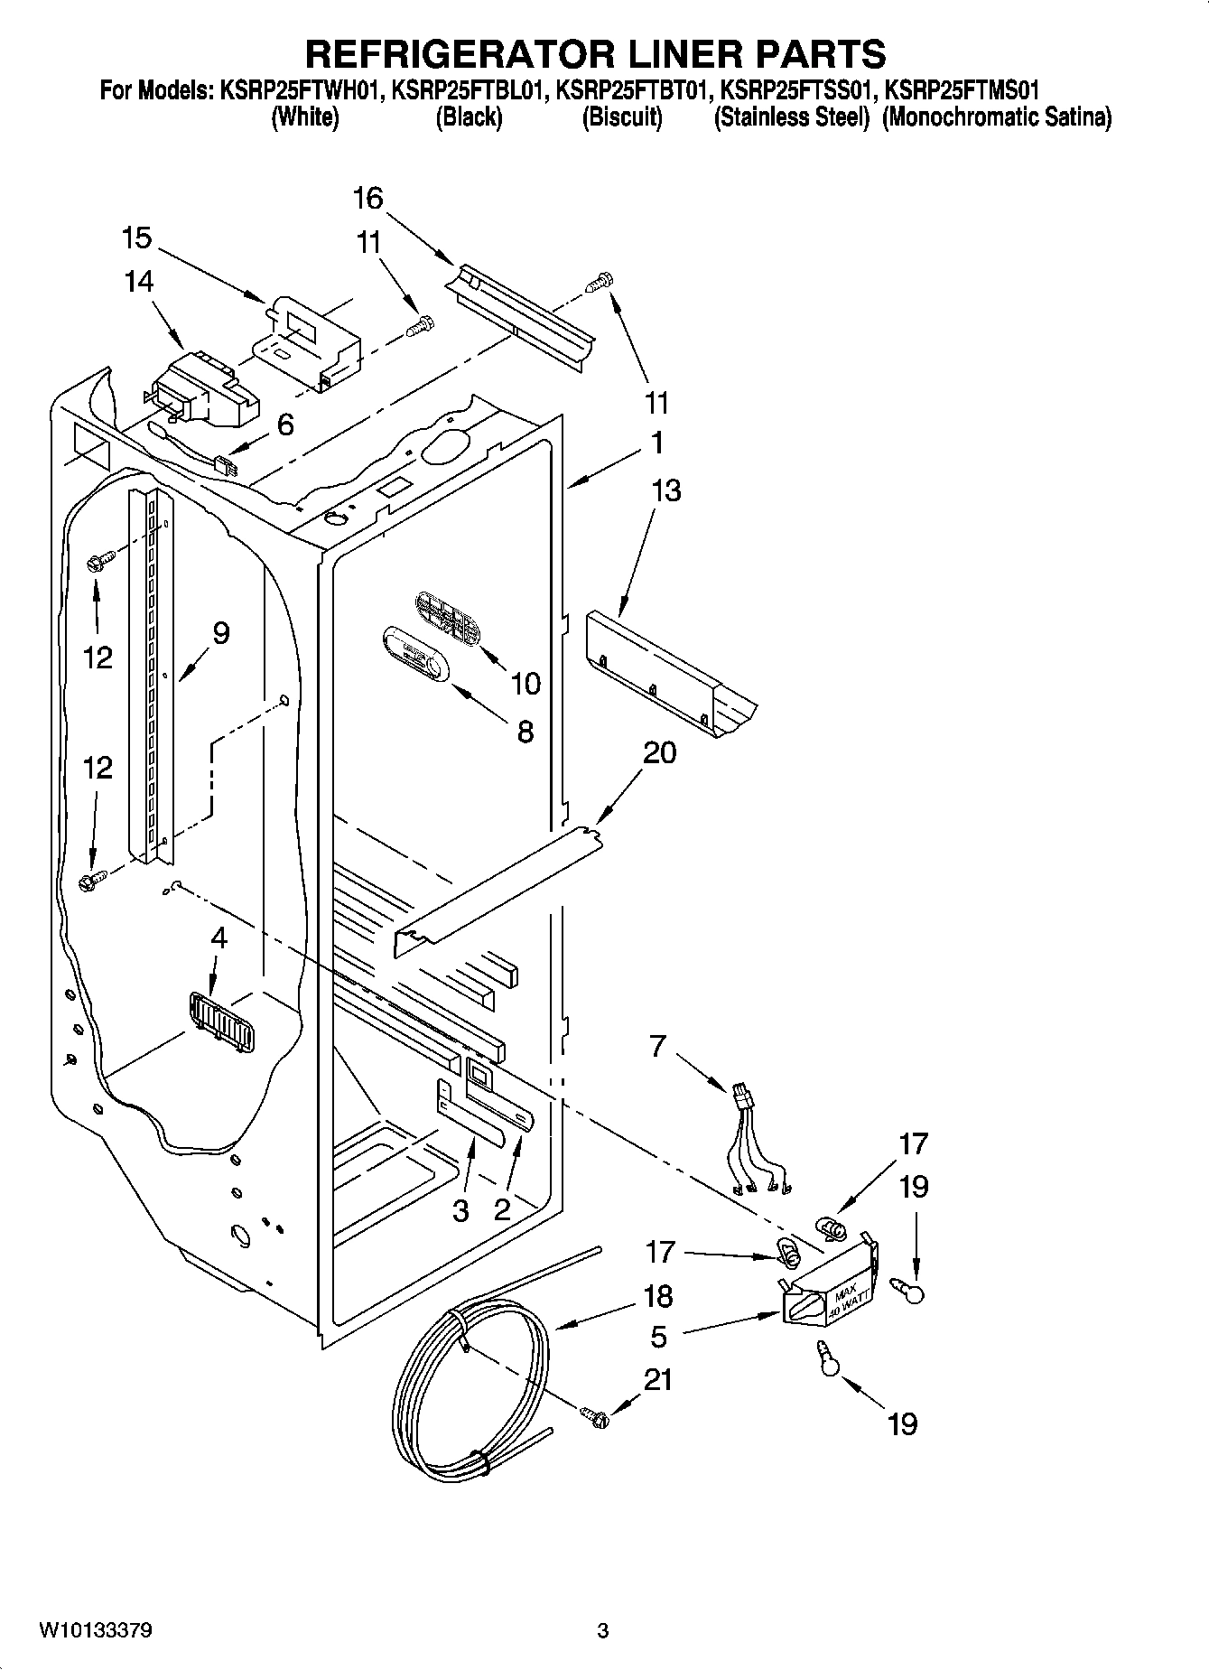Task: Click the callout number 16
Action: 368,198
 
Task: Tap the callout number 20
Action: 659,751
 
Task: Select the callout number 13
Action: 665,490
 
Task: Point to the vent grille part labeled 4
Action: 220,1022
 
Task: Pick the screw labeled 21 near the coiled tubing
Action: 594,1419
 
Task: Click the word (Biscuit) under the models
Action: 622,118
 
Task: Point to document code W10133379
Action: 95,1630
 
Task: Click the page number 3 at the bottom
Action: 603,1630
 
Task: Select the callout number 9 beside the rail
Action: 221,633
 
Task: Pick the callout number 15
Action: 136,238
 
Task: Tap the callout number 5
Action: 659,1336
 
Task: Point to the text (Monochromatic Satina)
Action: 997,118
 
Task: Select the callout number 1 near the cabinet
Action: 657,443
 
